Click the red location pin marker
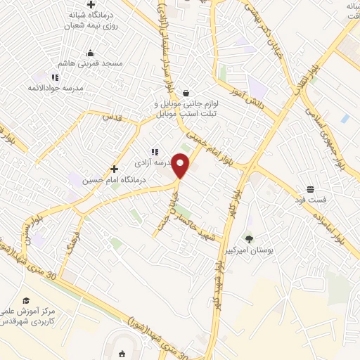click(181, 165)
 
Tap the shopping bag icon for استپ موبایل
click(186, 93)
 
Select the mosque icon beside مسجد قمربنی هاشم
click(89, 53)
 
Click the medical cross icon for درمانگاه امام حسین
click(114, 169)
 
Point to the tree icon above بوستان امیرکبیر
click(249, 239)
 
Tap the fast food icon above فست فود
click(309, 189)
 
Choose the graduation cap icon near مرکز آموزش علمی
click(26, 300)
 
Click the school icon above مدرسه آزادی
click(155, 152)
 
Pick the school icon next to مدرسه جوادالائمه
click(55, 77)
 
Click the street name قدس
click(112, 117)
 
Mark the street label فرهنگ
click(71, 243)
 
